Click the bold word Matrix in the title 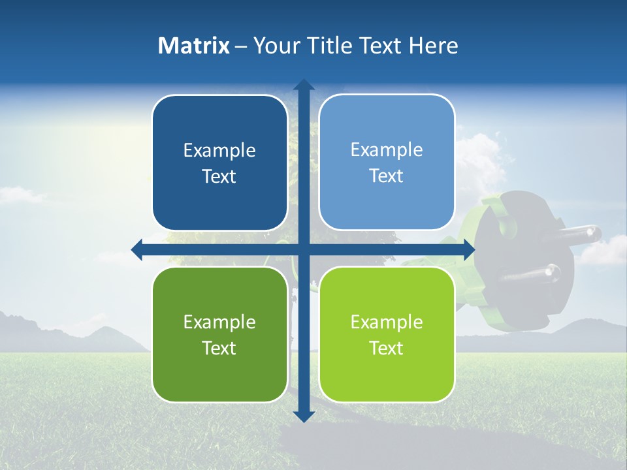click(x=194, y=46)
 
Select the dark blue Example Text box click(x=219, y=163)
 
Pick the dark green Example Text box click(x=219, y=334)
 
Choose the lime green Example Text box click(x=387, y=334)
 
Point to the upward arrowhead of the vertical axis click(x=304, y=85)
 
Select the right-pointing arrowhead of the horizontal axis click(x=469, y=249)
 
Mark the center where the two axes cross click(x=304, y=249)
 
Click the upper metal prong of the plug click(x=578, y=234)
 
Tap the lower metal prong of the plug click(x=530, y=274)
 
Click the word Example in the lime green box click(x=387, y=322)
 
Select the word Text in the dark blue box click(x=219, y=176)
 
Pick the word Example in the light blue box click(x=387, y=149)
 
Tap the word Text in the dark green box click(x=219, y=348)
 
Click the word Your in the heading click(x=275, y=46)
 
